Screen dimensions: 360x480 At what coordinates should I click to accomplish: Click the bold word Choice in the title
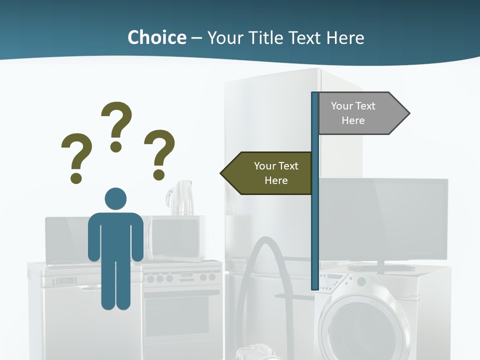click(156, 37)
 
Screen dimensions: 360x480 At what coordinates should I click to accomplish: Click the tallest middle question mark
click(116, 125)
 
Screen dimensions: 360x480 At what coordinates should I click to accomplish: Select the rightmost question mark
click(159, 154)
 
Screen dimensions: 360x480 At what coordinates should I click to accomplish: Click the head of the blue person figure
click(115, 198)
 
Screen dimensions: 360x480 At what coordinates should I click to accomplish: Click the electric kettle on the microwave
click(180, 198)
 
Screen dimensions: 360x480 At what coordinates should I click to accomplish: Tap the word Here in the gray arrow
click(353, 120)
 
